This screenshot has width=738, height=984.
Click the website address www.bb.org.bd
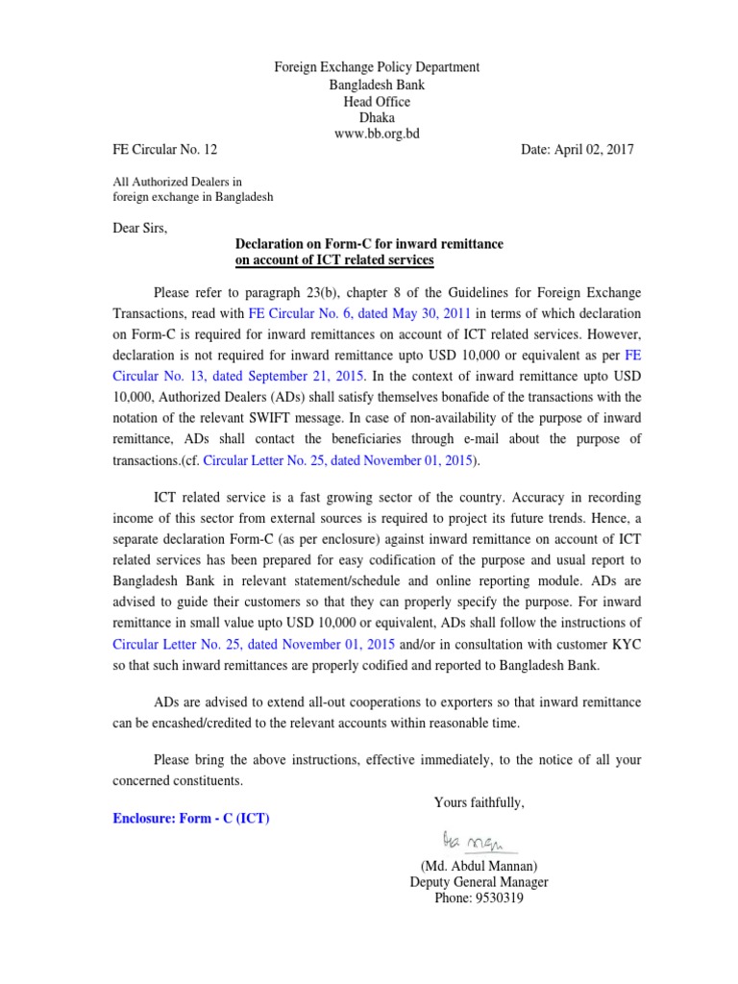[377, 134]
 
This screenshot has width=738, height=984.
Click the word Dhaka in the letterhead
[377, 117]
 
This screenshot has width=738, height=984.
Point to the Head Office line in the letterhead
[377, 101]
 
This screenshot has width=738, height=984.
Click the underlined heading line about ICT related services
[334, 260]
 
